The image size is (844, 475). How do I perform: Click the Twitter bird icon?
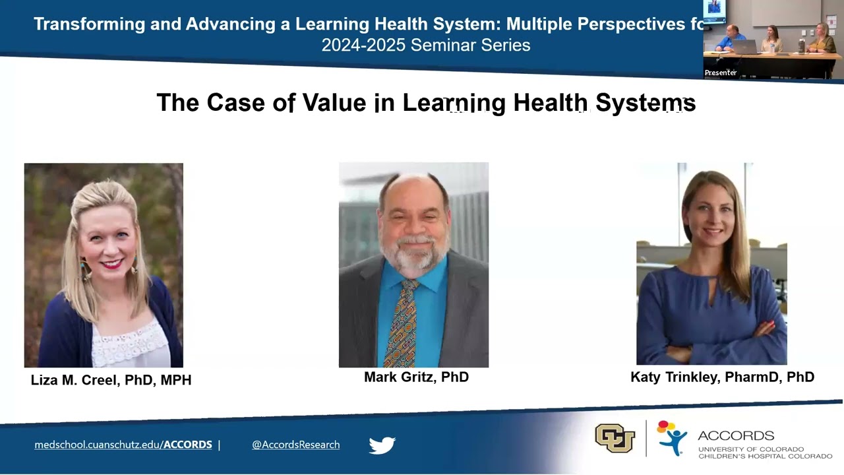(x=382, y=445)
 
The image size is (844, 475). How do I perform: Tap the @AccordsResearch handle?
(x=295, y=445)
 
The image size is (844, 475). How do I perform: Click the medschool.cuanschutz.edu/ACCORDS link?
(x=123, y=445)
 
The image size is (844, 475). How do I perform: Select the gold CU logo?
(x=615, y=438)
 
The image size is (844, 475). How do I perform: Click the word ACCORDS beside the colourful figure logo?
(x=735, y=436)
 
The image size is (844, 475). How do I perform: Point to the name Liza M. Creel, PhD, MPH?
(x=111, y=380)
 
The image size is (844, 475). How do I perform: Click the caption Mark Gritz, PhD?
(x=416, y=377)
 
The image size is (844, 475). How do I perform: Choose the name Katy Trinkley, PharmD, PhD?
(x=722, y=377)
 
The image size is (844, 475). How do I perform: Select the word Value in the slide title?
(x=336, y=103)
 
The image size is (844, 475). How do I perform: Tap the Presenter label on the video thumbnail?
(x=721, y=73)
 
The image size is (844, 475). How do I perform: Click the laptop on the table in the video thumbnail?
(x=745, y=47)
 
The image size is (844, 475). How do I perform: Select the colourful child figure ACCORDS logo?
(x=671, y=437)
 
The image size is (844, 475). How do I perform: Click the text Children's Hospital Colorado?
(x=765, y=456)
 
